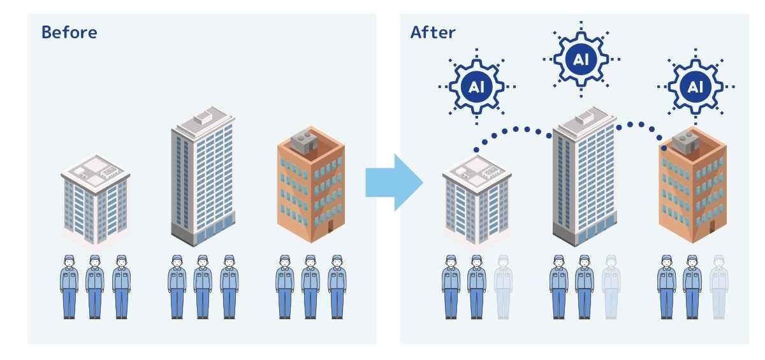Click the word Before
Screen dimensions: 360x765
click(69, 32)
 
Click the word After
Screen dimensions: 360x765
click(433, 32)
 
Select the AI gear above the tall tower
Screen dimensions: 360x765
click(581, 59)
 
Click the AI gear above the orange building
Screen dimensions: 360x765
click(696, 86)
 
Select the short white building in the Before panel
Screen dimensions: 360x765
click(96, 201)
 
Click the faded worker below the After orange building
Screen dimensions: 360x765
click(718, 286)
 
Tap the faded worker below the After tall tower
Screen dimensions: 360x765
click(611, 286)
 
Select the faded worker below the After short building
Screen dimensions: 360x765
click(503, 286)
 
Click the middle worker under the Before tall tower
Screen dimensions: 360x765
click(203, 286)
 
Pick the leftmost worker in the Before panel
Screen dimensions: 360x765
click(69, 286)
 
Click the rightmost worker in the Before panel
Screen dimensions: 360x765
click(337, 286)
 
